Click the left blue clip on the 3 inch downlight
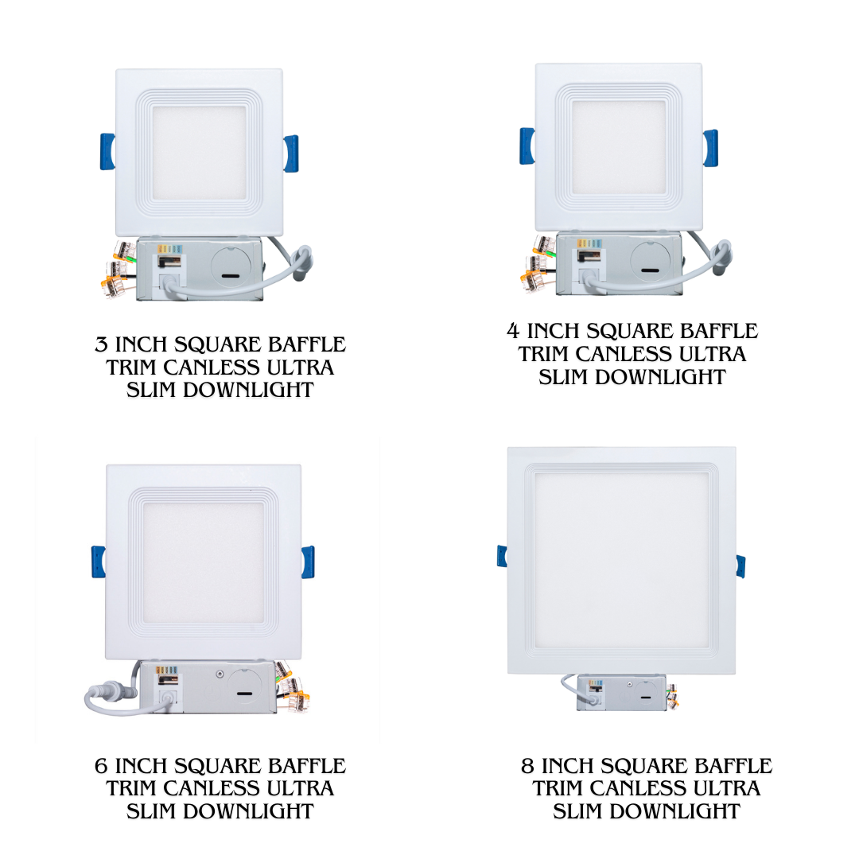pyautogui.click(x=107, y=151)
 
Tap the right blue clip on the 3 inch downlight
pyautogui.click(x=291, y=154)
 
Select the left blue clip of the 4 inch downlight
pyautogui.click(x=527, y=146)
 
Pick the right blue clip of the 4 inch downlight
pyautogui.click(x=710, y=148)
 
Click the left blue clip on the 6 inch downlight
pyautogui.click(x=99, y=562)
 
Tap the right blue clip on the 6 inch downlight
pyautogui.click(x=308, y=562)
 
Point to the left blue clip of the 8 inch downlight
pyautogui.click(x=502, y=555)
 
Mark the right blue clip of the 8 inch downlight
pyautogui.click(x=740, y=566)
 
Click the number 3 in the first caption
pyautogui.click(x=101, y=344)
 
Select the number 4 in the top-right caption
pyautogui.click(x=513, y=331)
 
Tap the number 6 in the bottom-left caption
pyautogui.click(x=101, y=766)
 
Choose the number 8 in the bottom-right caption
pyautogui.click(x=527, y=766)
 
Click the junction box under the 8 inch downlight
pyautogui.click(x=622, y=693)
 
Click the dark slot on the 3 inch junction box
pyautogui.click(x=228, y=276)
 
